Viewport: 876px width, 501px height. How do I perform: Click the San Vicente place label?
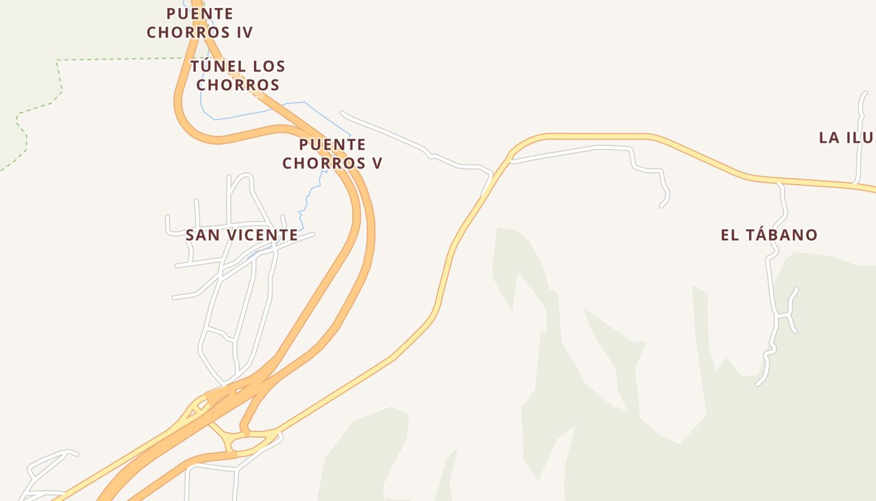(242, 235)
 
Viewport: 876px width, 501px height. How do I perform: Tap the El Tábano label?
(769, 235)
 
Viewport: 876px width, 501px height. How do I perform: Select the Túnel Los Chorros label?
(238, 75)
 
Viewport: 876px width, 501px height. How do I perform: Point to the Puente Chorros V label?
(332, 154)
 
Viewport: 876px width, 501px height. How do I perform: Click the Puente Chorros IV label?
(200, 23)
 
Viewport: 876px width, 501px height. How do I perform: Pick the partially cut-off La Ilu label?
(847, 138)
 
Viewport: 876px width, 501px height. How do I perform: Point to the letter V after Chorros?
(377, 163)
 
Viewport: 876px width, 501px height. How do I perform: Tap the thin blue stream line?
(238, 115)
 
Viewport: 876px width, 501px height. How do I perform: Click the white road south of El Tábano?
(772, 282)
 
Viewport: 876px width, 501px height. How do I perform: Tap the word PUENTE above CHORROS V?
(332, 145)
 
